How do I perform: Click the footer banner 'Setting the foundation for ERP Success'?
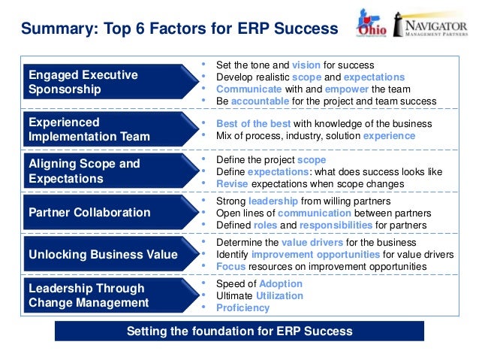(239, 331)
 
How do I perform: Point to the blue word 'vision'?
(306, 65)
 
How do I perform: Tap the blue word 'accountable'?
(261, 101)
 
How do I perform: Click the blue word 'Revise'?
(231, 183)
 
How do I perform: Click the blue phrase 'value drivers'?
(312, 243)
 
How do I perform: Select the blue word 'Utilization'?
(279, 296)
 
